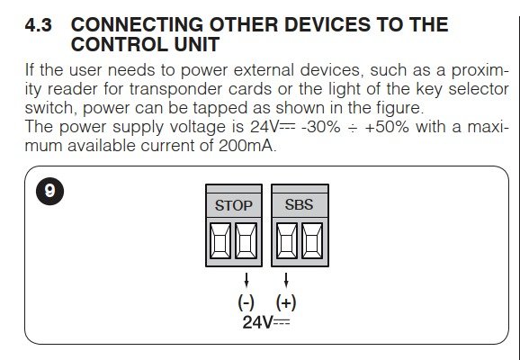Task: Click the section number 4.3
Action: pyautogui.click(x=38, y=25)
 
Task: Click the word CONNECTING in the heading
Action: pyautogui.click(x=137, y=24)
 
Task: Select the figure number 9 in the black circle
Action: pyautogui.click(x=49, y=191)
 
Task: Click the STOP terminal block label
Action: pyautogui.click(x=234, y=205)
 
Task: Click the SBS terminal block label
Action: pyautogui.click(x=299, y=204)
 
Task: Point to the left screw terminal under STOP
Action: pyautogui.click(x=220, y=241)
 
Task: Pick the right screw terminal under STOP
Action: pyautogui.click(x=247, y=241)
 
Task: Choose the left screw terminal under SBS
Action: pyautogui.click(x=286, y=241)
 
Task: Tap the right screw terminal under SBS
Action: pyautogui.click(x=312, y=241)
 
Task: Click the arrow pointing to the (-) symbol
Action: pyautogui.click(x=247, y=280)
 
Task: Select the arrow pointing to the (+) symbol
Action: pyautogui.click(x=286, y=280)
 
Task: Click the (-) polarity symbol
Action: pyautogui.click(x=247, y=302)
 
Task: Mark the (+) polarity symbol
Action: pyautogui.click(x=286, y=302)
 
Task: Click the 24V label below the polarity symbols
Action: pyautogui.click(x=266, y=322)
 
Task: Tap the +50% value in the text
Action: pyautogui.click(x=387, y=126)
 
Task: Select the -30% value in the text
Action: pyautogui.click(x=320, y=126)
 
